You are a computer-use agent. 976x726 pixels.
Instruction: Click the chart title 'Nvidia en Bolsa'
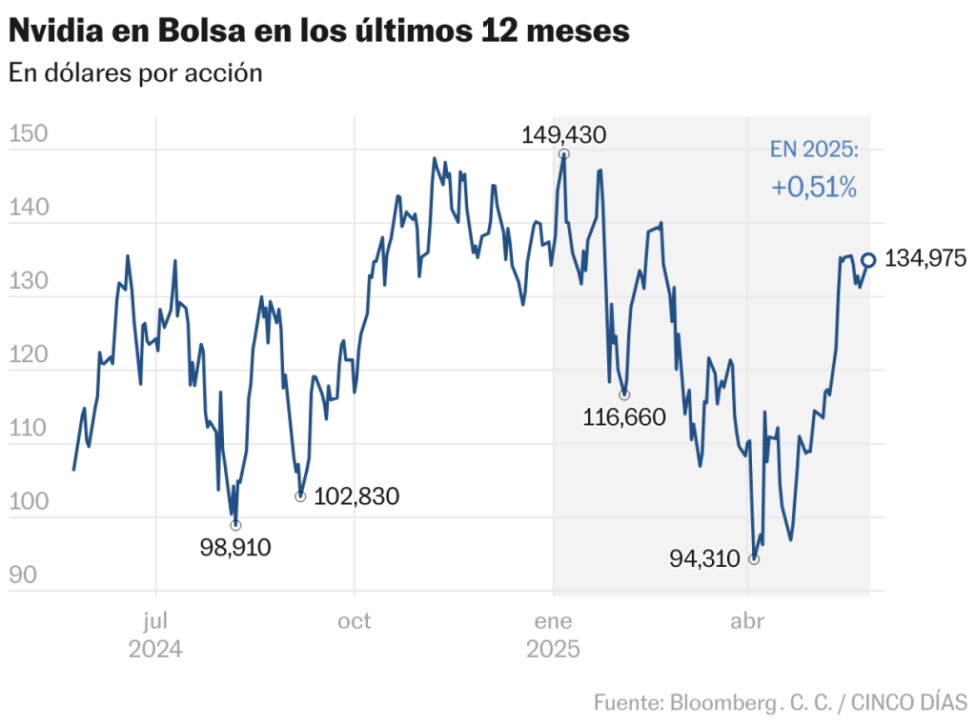coord(318,30)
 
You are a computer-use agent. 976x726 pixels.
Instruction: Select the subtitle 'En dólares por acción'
coord(135,73)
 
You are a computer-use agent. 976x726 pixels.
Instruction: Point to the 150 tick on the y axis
coord(29,134)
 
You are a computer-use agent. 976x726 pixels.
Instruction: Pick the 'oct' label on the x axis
coord(355,622)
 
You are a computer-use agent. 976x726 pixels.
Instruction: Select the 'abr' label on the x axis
coord(747,622)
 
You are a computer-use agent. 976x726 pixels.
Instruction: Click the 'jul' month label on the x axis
coord(155,622)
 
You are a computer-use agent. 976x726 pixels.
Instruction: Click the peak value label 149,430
coord(563,134)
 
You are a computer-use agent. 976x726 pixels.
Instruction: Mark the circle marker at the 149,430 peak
coord(564,153)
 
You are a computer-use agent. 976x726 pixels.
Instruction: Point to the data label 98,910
coord(235,547)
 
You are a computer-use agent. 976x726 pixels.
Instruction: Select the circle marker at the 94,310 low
coord(754,559)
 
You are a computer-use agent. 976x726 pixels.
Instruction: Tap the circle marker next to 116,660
coord(624,394)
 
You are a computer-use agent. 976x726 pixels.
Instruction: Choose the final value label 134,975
coord(925,258)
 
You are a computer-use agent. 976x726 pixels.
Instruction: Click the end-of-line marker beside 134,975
coord(869,259)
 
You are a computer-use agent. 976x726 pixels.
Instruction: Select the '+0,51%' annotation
coord(814,188)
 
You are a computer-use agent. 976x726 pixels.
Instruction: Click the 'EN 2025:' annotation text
coord(814,150)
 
